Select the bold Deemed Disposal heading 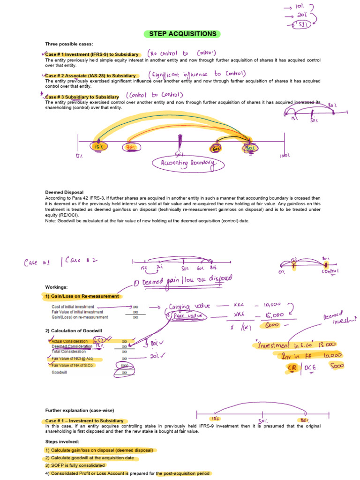[x=64, y=192]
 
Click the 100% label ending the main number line [x=285, y=154]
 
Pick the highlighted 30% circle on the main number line [x=130, y=147]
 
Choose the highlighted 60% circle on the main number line [x=216, y=148]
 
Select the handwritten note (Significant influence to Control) [x=197, y=74]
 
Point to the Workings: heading [x=56, y=287]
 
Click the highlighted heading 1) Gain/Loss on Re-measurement [x=82, y=296]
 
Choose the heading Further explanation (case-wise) [x=79, y=411]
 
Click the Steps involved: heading [x=62, y=442]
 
